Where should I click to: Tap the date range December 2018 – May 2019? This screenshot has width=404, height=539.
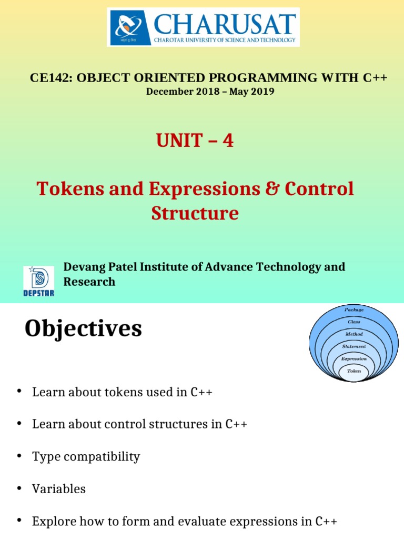[210, 92]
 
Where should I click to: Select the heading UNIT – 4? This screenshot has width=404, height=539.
[195, 141]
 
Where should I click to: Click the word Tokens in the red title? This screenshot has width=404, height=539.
[66, 189]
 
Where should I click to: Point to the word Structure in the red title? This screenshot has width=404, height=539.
[195, 213]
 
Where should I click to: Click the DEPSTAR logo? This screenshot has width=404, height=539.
[38, 281]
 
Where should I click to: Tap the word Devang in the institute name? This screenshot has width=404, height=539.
[83, 267]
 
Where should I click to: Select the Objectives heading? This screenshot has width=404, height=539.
[83, 329]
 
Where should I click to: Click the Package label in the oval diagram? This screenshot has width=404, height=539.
[354, 310]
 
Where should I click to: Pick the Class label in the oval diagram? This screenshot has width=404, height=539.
[354, 322]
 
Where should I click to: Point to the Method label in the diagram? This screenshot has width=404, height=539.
[354, 334]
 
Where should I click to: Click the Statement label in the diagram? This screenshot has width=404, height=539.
[354, 346]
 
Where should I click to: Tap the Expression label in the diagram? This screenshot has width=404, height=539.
[354, 359]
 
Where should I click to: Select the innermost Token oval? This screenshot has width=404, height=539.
[354, 371]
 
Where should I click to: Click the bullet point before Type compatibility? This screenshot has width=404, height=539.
[19, 456]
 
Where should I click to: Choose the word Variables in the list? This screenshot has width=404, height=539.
[59, 489]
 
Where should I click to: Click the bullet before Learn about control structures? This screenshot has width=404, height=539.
[19, 424]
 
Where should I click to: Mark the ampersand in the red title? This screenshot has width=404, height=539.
[271, 189]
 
